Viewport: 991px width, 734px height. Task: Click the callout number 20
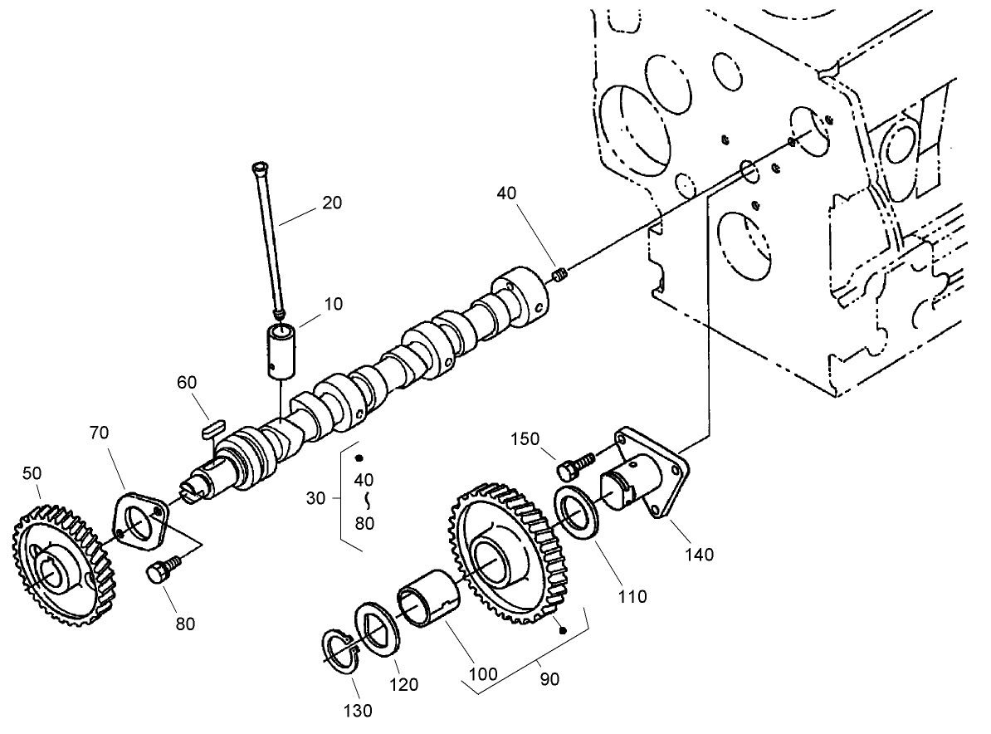click(332, 203)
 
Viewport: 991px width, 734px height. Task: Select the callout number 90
click(549, 679)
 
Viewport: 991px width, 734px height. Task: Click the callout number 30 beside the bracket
click(315, 498)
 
